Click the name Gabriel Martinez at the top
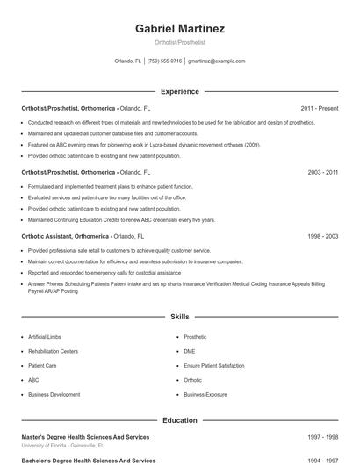point(180,29)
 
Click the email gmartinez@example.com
point(216,61)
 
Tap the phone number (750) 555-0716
point(164,61)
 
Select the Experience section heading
point(180,91)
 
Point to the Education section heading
point(180,420)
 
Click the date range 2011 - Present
point(320,108)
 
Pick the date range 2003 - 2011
point(323,173)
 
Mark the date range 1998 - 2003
point(323,237)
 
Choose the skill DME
point(191,351)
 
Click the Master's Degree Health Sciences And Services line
point(85,436)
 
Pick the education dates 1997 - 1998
point(323,436)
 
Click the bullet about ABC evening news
point(144,144)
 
